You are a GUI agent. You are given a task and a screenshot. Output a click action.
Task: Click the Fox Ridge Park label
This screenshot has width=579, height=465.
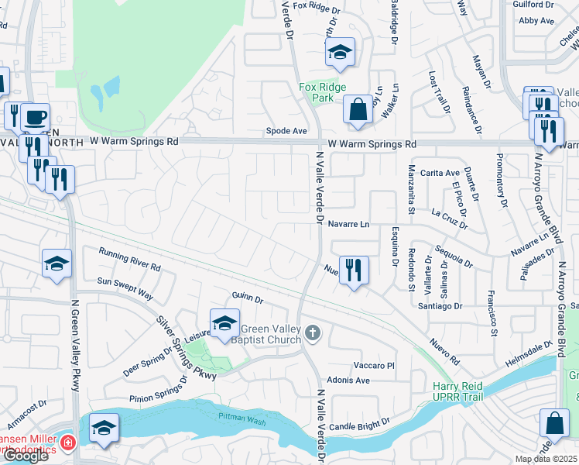tap(322, 93)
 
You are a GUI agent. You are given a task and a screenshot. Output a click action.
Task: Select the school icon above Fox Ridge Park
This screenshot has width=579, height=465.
tap(340, 53)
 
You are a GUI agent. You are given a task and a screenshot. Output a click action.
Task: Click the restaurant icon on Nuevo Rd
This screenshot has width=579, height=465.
tap(354, 270)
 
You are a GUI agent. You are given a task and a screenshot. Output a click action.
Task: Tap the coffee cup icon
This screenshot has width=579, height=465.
tap(36, 118)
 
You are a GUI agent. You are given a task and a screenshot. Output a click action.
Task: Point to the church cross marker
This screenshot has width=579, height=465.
tap(313, 334)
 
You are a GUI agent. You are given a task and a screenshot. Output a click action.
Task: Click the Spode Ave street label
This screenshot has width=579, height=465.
tap(287, 132)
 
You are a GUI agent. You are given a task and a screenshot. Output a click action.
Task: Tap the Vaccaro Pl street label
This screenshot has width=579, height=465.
tap(375, 365)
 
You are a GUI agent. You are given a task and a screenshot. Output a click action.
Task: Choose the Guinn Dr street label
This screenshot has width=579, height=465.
tap(248, 299)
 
